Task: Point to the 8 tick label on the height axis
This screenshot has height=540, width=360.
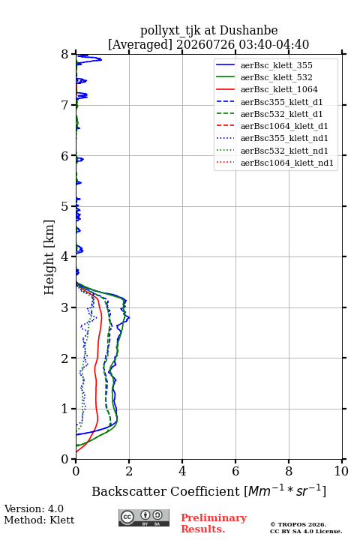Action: click(x=65, y=55)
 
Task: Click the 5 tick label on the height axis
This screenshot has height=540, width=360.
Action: click(x=65, y=206)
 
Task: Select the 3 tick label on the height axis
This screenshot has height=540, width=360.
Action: click(x=65, y=307)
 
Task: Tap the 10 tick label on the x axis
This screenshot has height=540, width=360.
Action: click(x=341, y=471)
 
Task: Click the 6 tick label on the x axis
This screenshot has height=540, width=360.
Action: click(x=235, y=471)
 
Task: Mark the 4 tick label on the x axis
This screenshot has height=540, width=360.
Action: click(x=182, y=471)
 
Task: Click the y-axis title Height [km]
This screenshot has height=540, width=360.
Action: click(x=49, y=257)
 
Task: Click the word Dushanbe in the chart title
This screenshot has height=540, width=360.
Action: click(x=249, y=31)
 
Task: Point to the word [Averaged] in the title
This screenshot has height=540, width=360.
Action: click(x=139, y=45)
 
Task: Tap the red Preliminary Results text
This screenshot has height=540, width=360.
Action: click(x=214, y=523)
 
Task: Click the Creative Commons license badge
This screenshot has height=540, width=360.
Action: click(x=144, y=517)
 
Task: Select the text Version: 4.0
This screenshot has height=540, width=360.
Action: click(x=34, y=508)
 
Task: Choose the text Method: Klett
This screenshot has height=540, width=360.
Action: click(x=39, y=520)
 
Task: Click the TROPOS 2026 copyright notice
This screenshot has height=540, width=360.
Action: click(x=298, y=524)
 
